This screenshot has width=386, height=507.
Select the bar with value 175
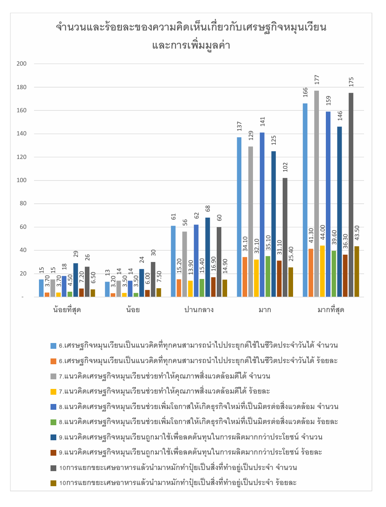tap(351, 195)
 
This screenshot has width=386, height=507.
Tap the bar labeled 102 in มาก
tap(285, 237)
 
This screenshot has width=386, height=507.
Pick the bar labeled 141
tap(262, 215)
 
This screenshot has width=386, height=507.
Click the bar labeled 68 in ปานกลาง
tap(207, 257)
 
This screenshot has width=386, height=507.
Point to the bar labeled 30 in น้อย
tap(153, 279)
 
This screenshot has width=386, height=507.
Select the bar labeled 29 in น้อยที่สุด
tap(76, 280)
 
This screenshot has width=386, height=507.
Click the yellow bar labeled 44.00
tap(322, 271)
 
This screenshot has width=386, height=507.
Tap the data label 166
tap(305, 92)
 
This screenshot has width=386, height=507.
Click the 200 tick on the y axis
tap(22, 64)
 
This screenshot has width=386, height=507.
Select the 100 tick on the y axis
tap(22, 180)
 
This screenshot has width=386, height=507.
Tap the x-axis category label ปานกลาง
tap(199, 310)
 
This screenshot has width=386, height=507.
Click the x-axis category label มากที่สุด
tap(331, 310)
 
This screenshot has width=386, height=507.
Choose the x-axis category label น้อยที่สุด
tap(67, 310)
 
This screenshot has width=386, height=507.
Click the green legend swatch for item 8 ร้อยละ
tap(54, 422)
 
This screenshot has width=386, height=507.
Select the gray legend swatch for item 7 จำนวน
tap(54, 376)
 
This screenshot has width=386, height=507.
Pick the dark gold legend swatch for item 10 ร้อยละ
tap(54, 483)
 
